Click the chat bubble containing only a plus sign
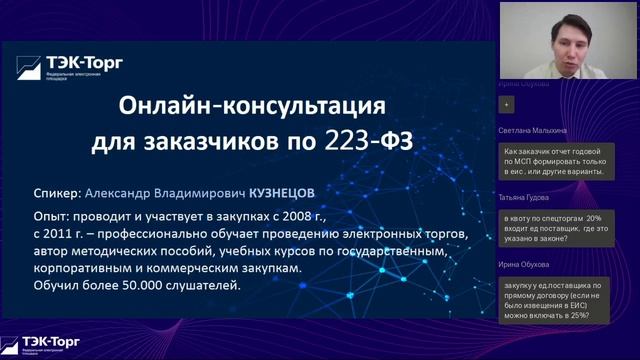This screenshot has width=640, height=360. click(x=507, y=104)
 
